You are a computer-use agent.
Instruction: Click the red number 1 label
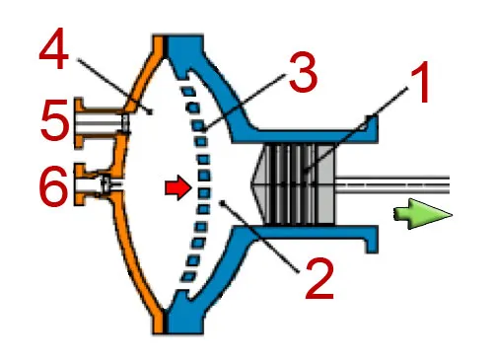(418, 82)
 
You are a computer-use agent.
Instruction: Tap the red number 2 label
(319, 278)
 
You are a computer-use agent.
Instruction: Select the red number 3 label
(303, 71)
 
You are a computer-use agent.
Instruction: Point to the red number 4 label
(54, 48)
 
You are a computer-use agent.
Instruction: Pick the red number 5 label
(55, 119)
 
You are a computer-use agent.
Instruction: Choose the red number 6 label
(54, 186)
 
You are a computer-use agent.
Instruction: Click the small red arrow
(177, 188)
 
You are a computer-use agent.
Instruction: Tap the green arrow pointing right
(423, 214)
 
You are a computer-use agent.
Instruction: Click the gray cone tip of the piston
(251, 181)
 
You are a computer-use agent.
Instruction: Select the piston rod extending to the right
(392, 184)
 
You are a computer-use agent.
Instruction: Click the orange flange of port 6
(79, 184)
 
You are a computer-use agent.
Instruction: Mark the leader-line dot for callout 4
(151, 112)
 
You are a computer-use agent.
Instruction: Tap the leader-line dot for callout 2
(223, 202)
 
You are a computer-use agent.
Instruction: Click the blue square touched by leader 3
(198, 125)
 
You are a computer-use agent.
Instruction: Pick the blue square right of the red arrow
(204, 192)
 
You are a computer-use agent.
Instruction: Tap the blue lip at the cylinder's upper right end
(372, 129)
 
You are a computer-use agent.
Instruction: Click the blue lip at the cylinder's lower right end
(372, 240)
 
